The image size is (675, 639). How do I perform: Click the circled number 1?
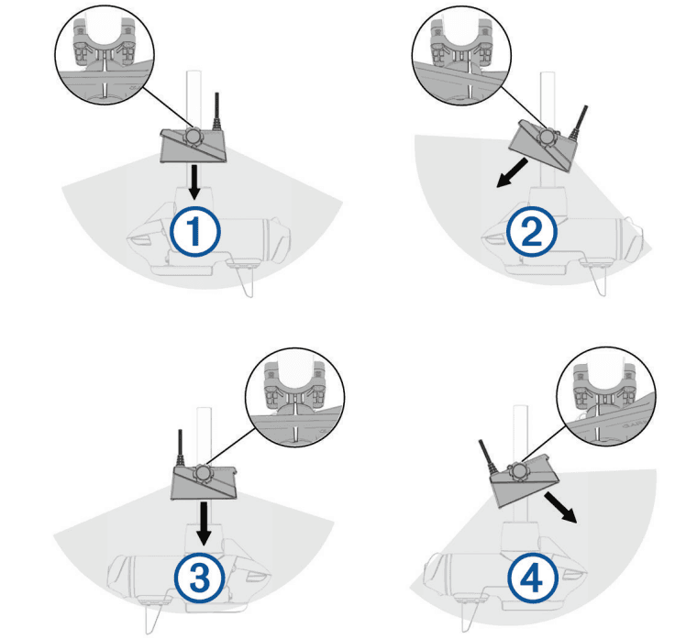pyautogui.click(x=195, y=232)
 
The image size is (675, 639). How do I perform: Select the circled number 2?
pyautogui.click(x=532, y=232)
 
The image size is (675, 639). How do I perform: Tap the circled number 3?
pyautogui.click(x=200, y=578)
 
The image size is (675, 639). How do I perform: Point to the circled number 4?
pyautogui.click(x=533, y=578)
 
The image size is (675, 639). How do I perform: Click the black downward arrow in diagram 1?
pyautogui.click(x=194, y=182)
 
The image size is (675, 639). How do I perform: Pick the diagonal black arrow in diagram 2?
pyautogui.click(x=513, y=172)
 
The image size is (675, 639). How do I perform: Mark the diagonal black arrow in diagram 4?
pyautogui.click(x=560, y=508)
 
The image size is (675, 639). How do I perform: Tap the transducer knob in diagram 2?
pyautogui.click(x=548, y=137)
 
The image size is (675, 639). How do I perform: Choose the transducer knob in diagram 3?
pyautogui.click(x=202, y=473)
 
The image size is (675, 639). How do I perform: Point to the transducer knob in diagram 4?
pyautogui.click(x=516, y=471)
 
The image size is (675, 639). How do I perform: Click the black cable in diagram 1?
pyautogui.click(x=216, y=112)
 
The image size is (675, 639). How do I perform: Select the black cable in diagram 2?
pyautogui.click(x=579, y=123)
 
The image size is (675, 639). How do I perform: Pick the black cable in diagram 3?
pyautogui.click(x=181, y=447)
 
